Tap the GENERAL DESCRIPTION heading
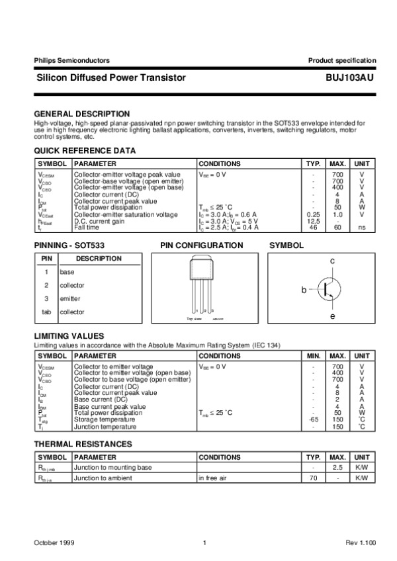[x=81, y=114]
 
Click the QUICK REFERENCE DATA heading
[x=85, y=151]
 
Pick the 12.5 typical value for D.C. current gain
[x=313, y=221]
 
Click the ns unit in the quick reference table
[x=361, y=227]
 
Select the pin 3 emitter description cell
[x=70, y=298]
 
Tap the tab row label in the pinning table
[x=46, y=312]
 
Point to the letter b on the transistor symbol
[x=304, y=290]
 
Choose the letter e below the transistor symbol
[x=332, y=317]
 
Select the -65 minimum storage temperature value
[x=314, y=419]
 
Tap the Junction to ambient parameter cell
[x=103, y=477]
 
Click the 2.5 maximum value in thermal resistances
[x=338, y=467]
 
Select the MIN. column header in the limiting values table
[x=314, y=356]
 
